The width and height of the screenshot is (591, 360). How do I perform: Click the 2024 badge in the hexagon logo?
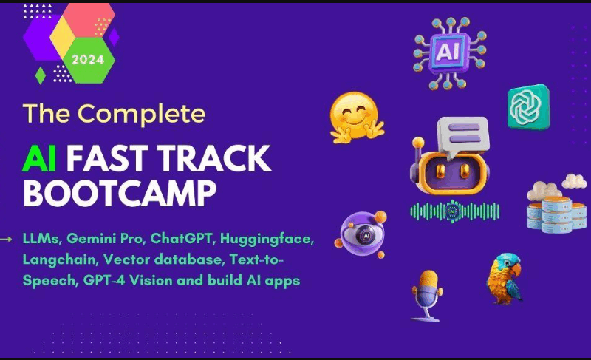pyautogui.click(x=88, y=59)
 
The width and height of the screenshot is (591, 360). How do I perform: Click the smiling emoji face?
pyautogui.click(x=356, y=117)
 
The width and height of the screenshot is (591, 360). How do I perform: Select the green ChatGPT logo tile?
pyautogui.click(x=528, y=106)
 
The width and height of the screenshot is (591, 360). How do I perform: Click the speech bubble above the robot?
pyautogui.click(x=464, y=134)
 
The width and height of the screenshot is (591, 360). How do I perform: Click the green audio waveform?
pyautogui.click(x=454, y=211)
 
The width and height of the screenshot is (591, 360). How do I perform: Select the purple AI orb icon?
pyautogui.click(x=362, y=234)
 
